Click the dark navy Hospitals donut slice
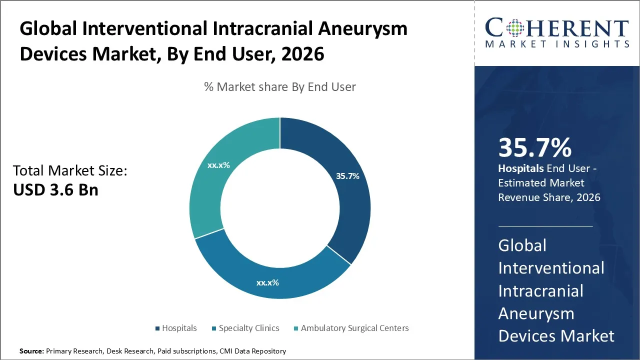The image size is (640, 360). [345, 200]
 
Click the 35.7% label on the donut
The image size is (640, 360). [347, 176]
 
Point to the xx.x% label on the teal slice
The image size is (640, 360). [218, 165]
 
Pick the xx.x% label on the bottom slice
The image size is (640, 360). [267, 282]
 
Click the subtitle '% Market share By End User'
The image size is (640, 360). [280, 87]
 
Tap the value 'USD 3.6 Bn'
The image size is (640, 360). [55, 190]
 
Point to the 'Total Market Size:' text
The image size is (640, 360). [70, 171]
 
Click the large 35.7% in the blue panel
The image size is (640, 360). [534, 148]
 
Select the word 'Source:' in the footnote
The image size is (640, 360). [31, 351]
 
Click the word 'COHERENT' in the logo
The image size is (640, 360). [556, 28]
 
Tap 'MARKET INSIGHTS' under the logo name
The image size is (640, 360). [556, 44]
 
